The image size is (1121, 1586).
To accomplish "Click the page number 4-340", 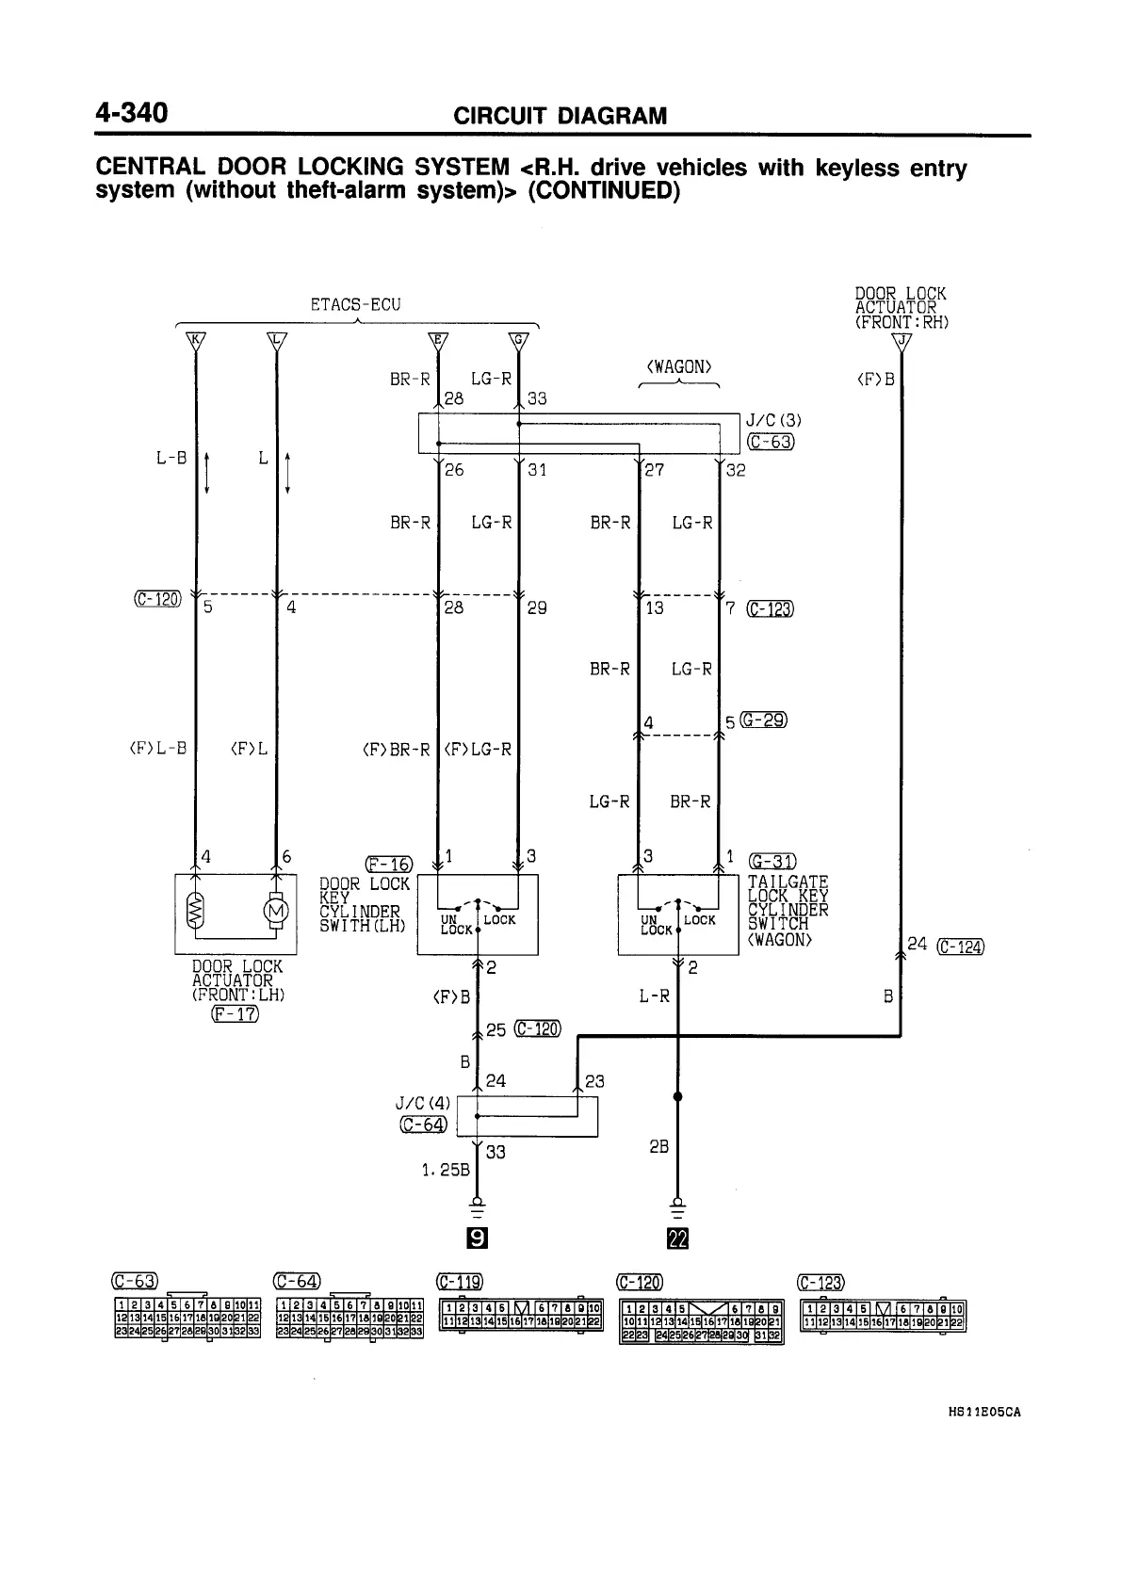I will [131, 113].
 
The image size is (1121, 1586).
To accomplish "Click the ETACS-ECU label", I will [355, 304].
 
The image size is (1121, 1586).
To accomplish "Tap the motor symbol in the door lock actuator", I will [276, 911].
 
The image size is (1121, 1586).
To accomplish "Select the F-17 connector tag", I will [235, 1013].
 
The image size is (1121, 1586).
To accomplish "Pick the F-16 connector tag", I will [388, 864].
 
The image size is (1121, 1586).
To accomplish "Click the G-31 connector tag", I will [772, 860].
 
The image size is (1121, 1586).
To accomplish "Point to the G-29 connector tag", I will [763, 720].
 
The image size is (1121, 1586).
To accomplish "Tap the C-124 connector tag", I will [961, 947].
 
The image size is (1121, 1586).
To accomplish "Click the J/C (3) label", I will [772, 420].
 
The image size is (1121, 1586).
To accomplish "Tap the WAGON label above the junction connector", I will [679, 366].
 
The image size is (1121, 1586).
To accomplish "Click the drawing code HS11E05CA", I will [984, 1413].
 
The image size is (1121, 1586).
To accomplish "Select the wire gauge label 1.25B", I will [445, 1170].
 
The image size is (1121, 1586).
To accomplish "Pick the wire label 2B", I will [658, 1147].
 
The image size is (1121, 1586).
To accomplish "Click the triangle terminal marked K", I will [195, 340].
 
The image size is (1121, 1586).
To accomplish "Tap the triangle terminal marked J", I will [902, 341].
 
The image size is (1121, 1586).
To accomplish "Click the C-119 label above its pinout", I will [460, 1281].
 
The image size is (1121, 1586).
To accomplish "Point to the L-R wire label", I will [655, 995].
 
